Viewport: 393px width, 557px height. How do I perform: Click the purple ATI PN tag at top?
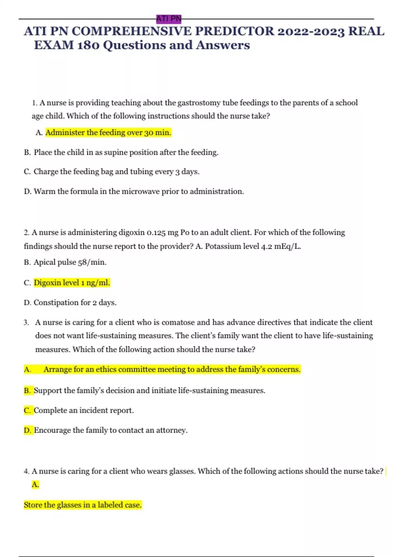point(169,19)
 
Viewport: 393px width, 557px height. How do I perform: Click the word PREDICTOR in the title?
point(234,31)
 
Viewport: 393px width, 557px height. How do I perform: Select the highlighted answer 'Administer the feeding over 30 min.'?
point(108,133)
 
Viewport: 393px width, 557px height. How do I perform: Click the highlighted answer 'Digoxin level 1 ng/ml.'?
point(72,283)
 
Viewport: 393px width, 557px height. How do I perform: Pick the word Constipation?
point(53,302)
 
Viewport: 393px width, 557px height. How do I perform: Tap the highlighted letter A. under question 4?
point(35,485)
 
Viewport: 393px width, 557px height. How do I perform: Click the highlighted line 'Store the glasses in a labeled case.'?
point(83,505)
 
